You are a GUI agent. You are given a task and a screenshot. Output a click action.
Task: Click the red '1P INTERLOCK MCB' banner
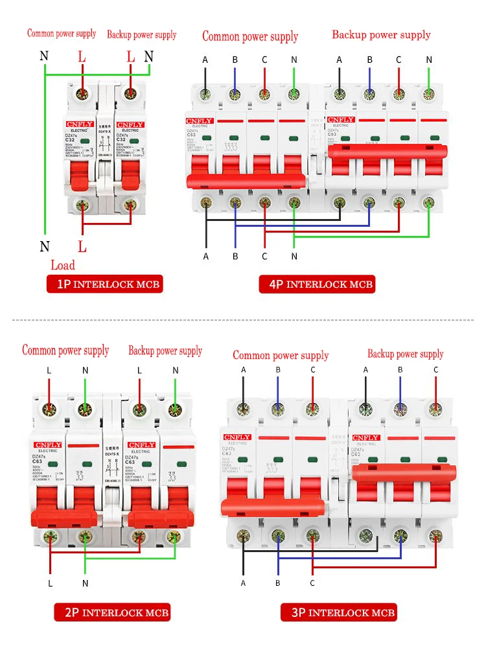[x=104, y=284]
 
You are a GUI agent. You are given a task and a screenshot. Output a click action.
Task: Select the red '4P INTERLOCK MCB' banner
[x=317, y=284]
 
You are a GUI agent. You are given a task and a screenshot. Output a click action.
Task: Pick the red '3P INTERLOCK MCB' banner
[x=338, y=612]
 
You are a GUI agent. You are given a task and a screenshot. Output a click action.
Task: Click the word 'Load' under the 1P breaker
[x=63, y=265]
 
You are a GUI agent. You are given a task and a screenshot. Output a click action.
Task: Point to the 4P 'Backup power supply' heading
[x=381, y=34]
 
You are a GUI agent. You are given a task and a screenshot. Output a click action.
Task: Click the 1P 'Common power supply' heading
[x=62, y=34]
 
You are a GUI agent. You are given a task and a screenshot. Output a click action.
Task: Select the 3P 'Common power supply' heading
[x=281, y=355]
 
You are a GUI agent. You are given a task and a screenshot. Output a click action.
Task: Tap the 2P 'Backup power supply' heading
[x=165, y=351]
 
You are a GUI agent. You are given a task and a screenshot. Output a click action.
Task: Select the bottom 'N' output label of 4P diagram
[x=294, y=257]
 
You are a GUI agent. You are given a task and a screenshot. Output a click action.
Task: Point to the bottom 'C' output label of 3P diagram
[x=313, y=583]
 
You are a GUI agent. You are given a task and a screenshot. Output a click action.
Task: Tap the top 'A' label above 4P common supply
[x=205, y=60]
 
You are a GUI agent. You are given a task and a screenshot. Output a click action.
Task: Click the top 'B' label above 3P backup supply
[x=400, y=369]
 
